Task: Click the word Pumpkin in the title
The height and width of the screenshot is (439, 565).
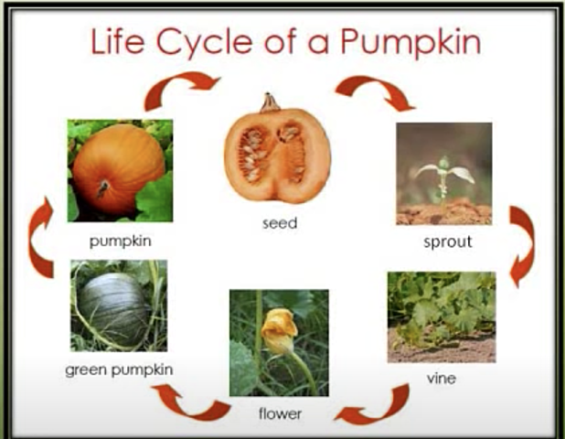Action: tap(410, 42)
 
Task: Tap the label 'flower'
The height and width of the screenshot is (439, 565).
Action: tap(279, 413)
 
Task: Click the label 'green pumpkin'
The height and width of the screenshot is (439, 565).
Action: tap(119, 369)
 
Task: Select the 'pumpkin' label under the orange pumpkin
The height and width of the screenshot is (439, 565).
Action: tap(120, 242)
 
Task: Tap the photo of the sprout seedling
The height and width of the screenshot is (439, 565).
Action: tap(443, 174)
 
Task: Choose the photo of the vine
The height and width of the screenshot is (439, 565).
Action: tap(442, 316)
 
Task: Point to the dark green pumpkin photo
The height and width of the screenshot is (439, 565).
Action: tap(119, 305)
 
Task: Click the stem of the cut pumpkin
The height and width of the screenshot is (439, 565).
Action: tap(270, 102)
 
